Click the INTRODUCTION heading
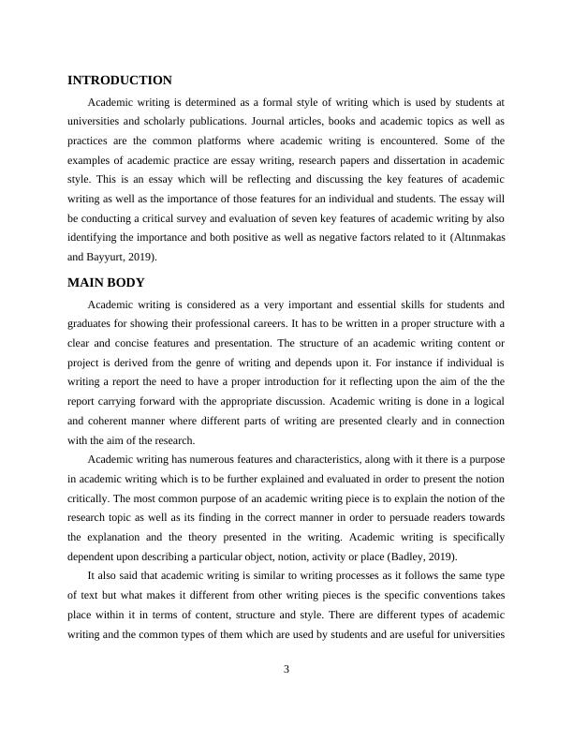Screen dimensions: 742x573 click(x=119, y=81)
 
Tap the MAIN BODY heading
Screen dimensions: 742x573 click(x=105, y=282)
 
